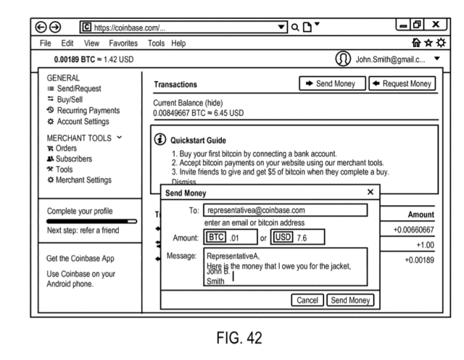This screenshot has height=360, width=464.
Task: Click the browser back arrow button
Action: pyautogui.click(x=41, y=27)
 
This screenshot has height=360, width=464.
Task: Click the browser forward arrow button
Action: pyautogui.click(x=55, y=27)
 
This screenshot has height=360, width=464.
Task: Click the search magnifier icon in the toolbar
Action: pyautogui.click(x=295, y=27)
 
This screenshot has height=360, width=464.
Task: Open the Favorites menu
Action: pyautogui.click(x=123, y=43)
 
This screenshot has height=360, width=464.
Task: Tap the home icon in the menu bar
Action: pyautogui.click(x=416, y=42)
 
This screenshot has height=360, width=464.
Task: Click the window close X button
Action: pyautogui.click(x=436, y=24)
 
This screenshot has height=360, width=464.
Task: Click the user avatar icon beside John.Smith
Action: pyautogui.click(x=343, y=59)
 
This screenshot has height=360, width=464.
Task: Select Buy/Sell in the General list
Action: pyautogui.click(x=69, y=99)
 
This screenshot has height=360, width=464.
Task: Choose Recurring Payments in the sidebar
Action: pyautogui.click(x=88, y=110)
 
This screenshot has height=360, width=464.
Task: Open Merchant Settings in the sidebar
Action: pyautogui.click(x=84, y=180)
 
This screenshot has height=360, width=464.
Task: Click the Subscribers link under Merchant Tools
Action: pyautogui.click(x=74, y=159)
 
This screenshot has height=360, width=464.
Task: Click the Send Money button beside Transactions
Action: pyautogui.click(x=333, y=84)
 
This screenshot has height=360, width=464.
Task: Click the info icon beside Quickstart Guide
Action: pyautogui.click(x=160, y=139)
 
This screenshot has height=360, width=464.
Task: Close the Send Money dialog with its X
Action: pyautogui.click(x=370, y=192)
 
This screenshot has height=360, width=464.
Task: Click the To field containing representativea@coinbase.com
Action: pyautogui.click(x=286, y=210)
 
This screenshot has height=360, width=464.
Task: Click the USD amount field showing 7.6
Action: pyautogui.click(x=297, y=237)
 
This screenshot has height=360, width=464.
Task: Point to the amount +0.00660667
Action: pyautogui.click(x=414, y=230)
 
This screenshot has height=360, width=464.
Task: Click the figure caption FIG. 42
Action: pyautogui.click(x=239, y=338)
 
